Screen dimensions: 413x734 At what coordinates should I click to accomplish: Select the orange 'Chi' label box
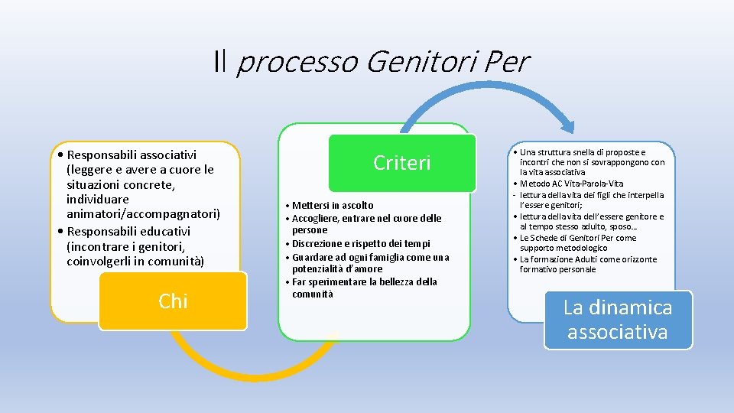tap(173, 301)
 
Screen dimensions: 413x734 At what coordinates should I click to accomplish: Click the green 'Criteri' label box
tap(402, 163)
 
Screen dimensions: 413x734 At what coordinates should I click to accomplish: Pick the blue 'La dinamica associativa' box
tap(618, 320)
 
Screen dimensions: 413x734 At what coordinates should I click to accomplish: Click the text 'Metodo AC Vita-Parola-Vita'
tap(572, 184)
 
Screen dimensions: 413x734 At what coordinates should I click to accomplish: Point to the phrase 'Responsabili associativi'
tap(132, 155)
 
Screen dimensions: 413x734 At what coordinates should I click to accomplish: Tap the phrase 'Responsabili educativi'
tap(128, 231)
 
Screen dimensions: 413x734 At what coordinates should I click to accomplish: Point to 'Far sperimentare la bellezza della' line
tap(364, 281)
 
